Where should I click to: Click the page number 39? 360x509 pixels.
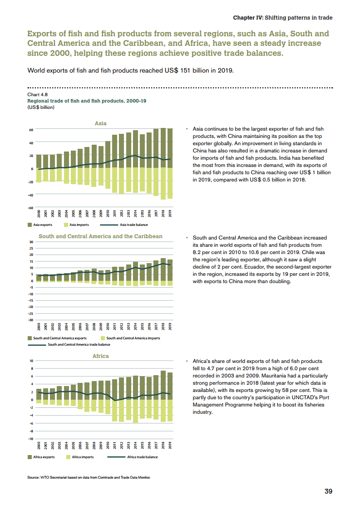pyautogui.click(x=328, y=491)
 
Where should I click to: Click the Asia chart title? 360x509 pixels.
pyautogui.click(x=100, y=123)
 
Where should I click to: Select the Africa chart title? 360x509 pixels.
pyautogui.click(x=100, y=356)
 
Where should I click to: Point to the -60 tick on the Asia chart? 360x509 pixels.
pyautogui.click(x=31, y=208)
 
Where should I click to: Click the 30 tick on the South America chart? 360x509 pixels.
pyautogui.click(x=31, y=242)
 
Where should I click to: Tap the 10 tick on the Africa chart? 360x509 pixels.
pyautogui.click(x=31, y=361)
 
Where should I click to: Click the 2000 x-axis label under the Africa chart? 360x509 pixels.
pyautogui.click(x=39, y=445)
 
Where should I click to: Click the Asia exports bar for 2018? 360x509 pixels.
pyautogui.click(x=163, y=148)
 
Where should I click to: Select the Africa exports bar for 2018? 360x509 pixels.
pyautogui.click(x=163, y=385)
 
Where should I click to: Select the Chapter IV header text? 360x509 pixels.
pyautogui.click(x=282, y=18)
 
